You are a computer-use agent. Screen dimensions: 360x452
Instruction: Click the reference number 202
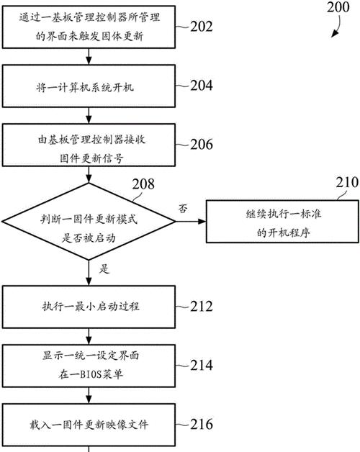pyautogui.click(x=202, y=27)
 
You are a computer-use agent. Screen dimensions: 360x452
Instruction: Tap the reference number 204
pyautogui.click(x=202, y=86)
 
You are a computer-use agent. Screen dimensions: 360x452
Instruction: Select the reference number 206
pyautogui.click(x=202, y=144)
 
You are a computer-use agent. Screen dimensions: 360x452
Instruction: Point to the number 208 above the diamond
pyautogui.click(x=143, y=184)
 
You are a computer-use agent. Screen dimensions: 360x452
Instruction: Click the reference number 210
pyautogui.click(x=347, y=183)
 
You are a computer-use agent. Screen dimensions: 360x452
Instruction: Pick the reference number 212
pyautogui.click(x=202, y=307)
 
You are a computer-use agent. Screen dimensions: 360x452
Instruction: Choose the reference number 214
pyautogui.click(x=202, y=365)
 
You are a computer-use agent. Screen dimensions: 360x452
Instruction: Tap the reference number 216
pyautogui.click(x=202, y=425)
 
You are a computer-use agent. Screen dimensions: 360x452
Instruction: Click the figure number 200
pyautogui.click(x=338, y=7)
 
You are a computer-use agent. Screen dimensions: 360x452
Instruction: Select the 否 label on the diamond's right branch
pyautogui.click(x=183, y=208)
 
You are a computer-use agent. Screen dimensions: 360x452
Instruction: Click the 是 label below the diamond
pyautogui.click(x=104, y=269)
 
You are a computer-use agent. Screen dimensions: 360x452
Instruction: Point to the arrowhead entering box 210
pyautogui.click(x=203, y=222)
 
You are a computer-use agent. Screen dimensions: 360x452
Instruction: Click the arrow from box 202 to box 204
pyautogui.click(x=89, y=56)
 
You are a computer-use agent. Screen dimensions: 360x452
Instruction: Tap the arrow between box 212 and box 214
pyautogui.click(x=89, y=336)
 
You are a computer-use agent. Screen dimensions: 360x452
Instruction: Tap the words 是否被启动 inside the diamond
pyautogui.click(x=89, y=238)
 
